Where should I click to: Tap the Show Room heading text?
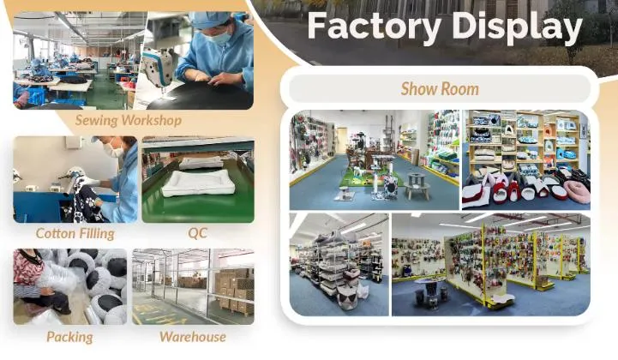coord(440,88)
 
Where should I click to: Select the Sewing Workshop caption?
coord(128,120)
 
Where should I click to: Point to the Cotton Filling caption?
coord(75,233)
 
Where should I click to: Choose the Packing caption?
coord(69,337)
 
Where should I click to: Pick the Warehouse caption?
coord(192,337)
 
